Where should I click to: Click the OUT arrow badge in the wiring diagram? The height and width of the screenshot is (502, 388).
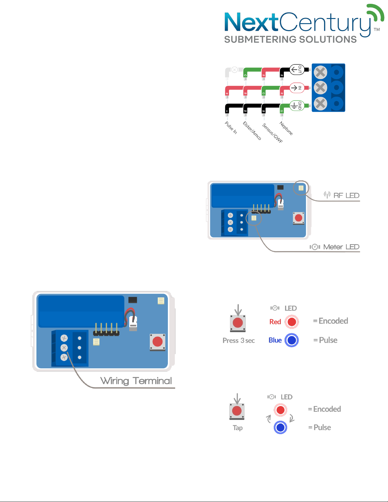pos(297,69)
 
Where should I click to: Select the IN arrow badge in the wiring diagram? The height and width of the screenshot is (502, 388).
pos(297,88)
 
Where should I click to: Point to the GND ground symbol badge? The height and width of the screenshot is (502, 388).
pos(297,105)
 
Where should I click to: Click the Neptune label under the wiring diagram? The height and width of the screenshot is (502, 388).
pos(286,128)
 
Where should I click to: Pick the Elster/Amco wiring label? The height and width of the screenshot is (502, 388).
pos(252,130)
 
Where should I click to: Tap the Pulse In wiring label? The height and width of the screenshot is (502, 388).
pos(231,128)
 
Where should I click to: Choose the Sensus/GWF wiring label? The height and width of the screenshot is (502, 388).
pos(272,133)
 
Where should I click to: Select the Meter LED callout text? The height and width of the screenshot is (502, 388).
pos(341,247)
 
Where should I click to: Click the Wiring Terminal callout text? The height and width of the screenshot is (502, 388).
pos(136,380)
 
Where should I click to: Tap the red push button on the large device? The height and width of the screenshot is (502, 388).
pos(157,341)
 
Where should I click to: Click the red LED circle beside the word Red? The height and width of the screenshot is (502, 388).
pos(292,322)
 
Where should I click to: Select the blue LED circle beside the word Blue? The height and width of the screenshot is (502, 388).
pos(292,340)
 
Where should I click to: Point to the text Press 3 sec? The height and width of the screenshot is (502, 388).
pos(239,340)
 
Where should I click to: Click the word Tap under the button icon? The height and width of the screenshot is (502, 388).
pos(238,428)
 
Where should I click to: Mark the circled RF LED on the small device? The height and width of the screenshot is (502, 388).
pos(301,188)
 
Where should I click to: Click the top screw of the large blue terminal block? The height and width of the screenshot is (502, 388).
pos(64,338)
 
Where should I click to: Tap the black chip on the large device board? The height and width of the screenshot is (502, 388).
pos(133,300)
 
